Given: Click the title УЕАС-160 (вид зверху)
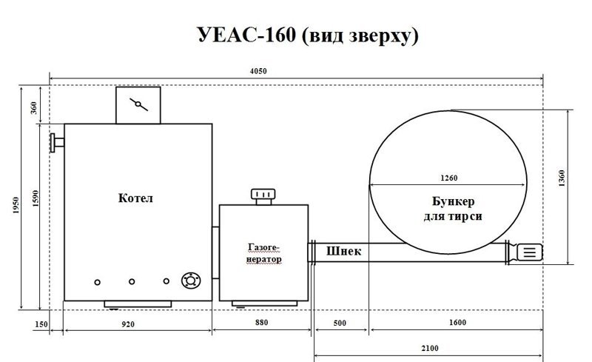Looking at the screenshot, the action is [x=308, y=35].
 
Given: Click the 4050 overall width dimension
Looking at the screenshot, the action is [x=258, y=71].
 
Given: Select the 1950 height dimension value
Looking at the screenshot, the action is [x=16, y=205].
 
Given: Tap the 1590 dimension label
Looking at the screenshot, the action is [x=35, y=198].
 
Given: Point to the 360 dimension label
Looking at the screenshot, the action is [x=34, y=107].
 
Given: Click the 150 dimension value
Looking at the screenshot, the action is [x=41, y=324].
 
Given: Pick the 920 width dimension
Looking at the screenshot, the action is [x=128, y=324].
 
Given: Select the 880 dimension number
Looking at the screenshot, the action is [x=262, y=322].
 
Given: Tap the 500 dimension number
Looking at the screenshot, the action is [x=340, y=323].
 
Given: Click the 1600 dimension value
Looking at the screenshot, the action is [x=457, y=322].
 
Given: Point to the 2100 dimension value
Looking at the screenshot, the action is [x=430, y=348].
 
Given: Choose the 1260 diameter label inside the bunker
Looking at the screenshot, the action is [x=449, y=178].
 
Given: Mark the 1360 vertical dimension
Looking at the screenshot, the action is [x=562, y=178].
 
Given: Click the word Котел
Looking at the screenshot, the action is [x=135, y=198].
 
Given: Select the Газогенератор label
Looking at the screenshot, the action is [x=264, y=253].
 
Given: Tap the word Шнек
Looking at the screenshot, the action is [x=343, y=251].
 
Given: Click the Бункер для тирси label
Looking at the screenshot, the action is [x=453, y=209].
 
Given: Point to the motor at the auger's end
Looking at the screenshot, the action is [x=529, y=252].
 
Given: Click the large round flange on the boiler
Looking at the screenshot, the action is [x=191, y=281].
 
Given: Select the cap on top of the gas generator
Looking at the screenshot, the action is [x=263, y=196].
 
